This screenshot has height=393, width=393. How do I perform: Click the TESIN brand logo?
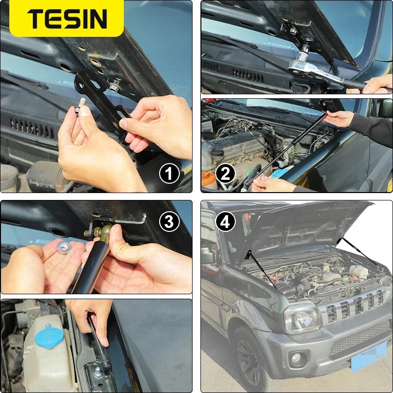click(67, 19)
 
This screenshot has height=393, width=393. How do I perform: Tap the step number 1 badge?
click(169, 173)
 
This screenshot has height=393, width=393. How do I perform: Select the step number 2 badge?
click(225, 173)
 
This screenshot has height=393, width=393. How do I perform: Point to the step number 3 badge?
click(169, 222)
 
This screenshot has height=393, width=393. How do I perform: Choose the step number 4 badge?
click(225, 222)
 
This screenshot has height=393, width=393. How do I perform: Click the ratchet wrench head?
click(301, 66)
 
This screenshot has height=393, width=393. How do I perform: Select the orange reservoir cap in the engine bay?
click(208, 178)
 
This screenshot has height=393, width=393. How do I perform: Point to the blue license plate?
click(369, 357)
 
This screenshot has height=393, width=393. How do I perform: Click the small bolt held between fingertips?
click(81, 107)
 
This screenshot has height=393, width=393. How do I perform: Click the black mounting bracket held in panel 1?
click(103, 100)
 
